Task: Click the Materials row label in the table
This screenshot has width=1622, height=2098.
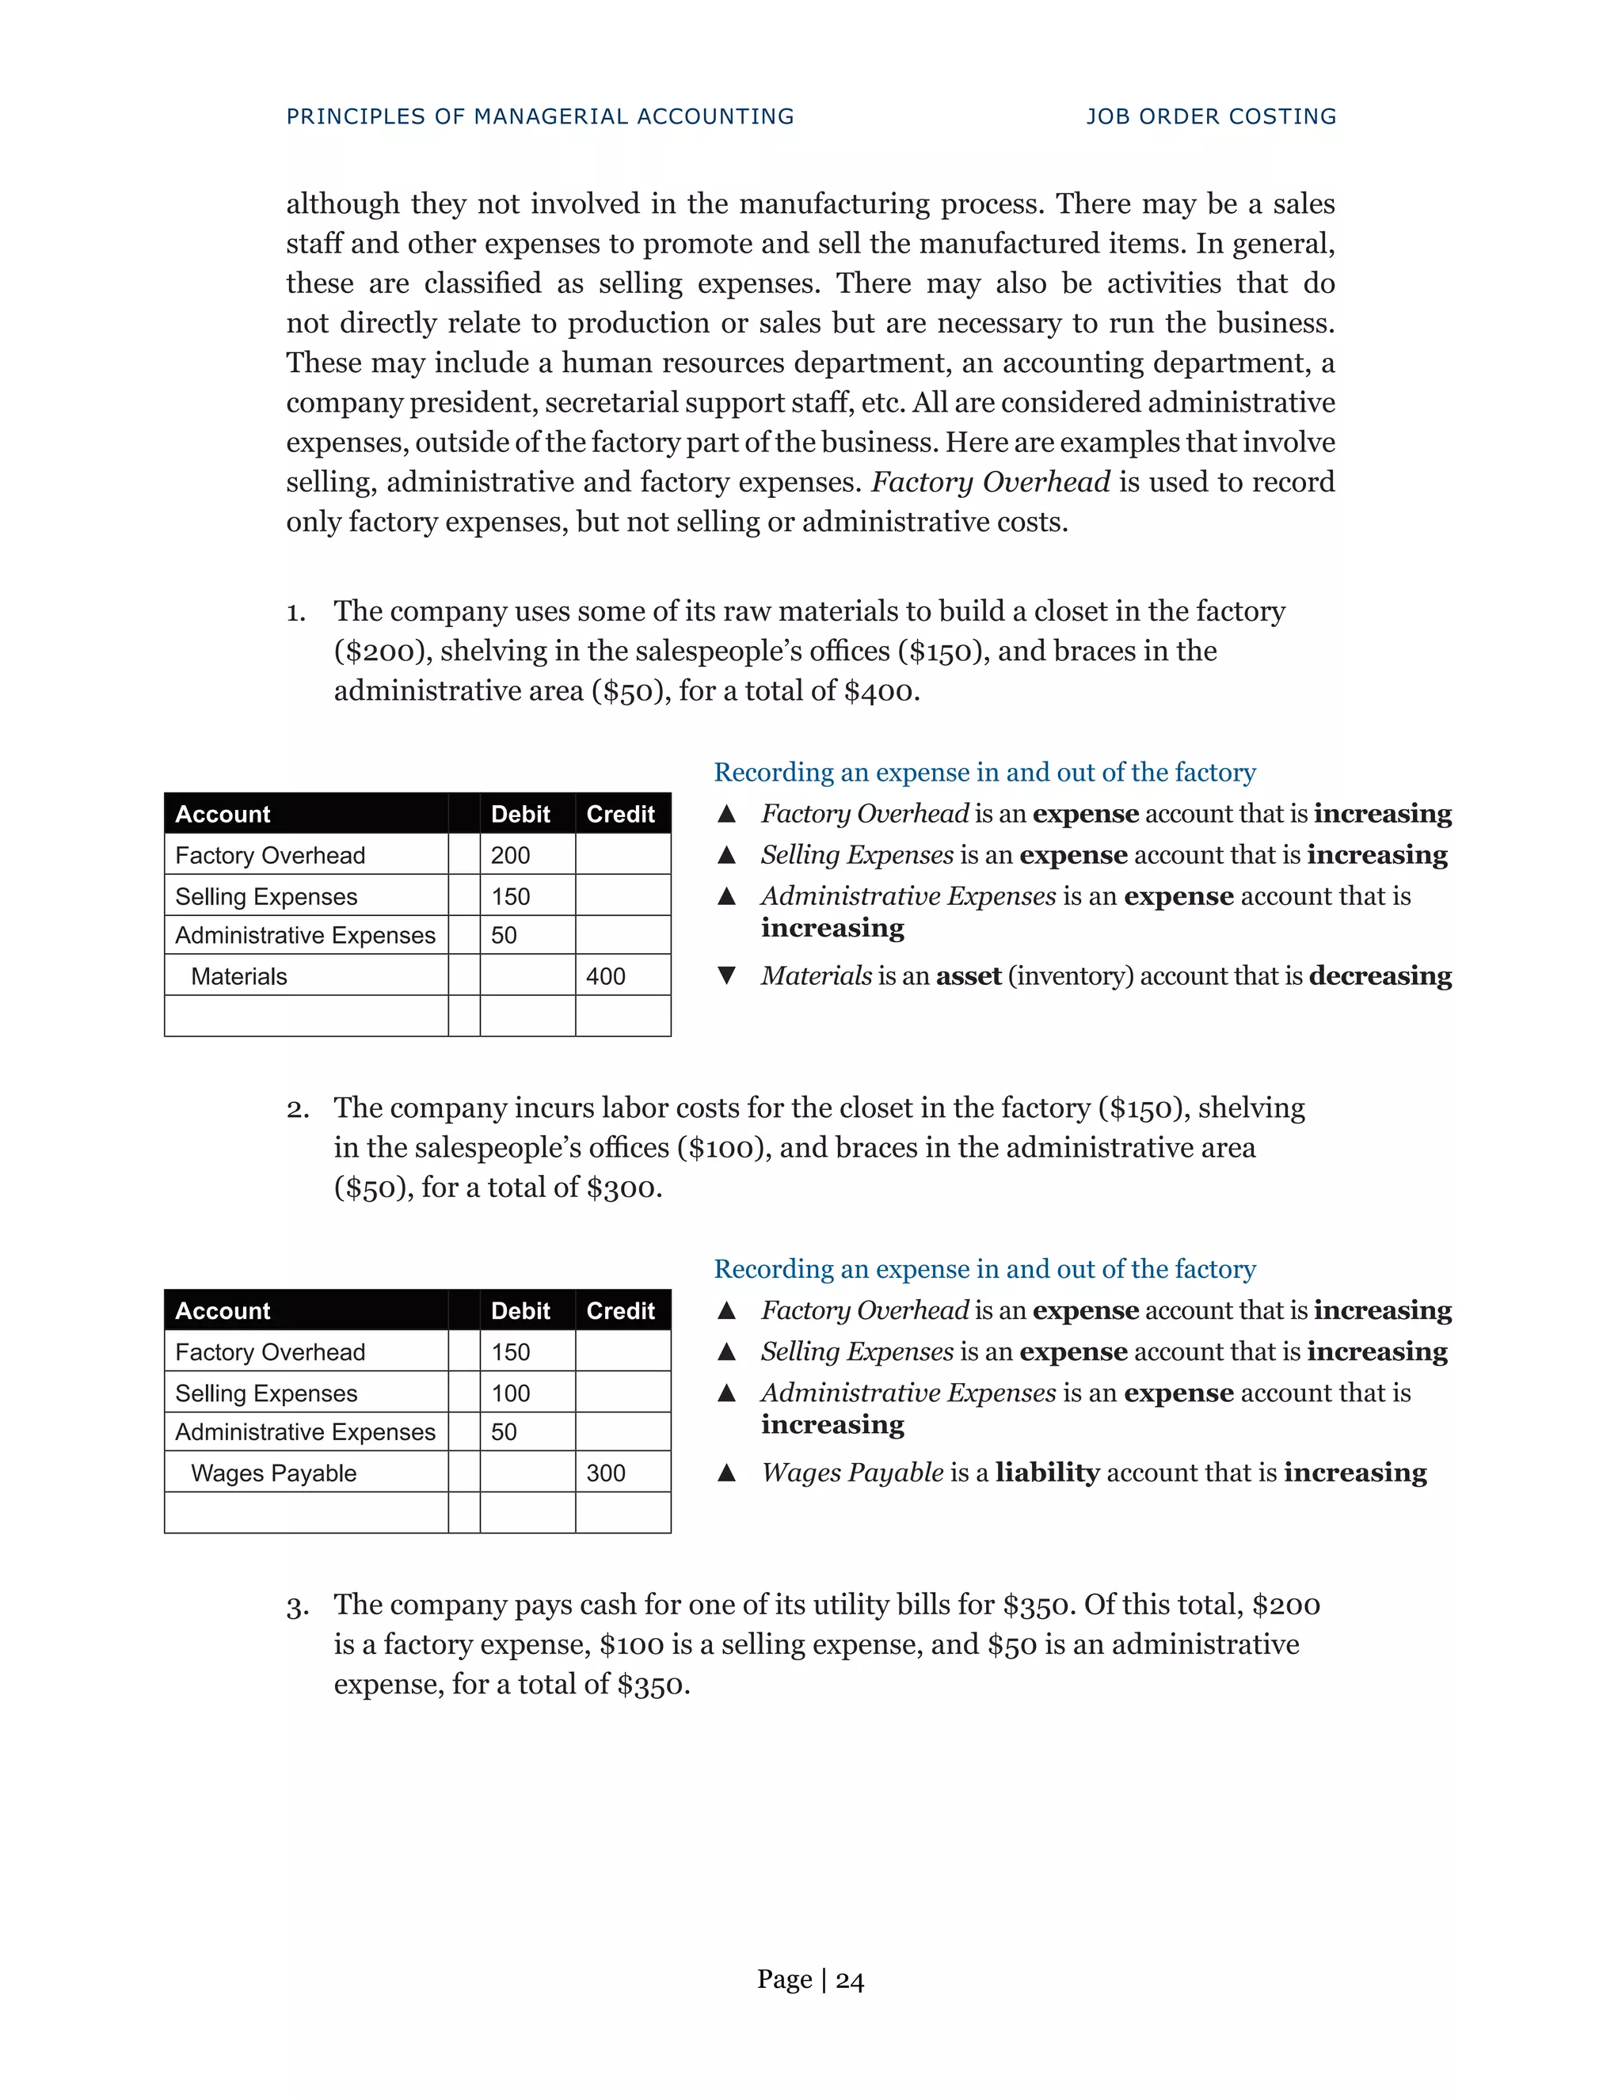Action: click(x=239, y=976)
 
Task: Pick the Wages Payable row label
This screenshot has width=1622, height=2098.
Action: click(x=274, y=1473)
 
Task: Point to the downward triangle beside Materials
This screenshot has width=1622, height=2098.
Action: click(x=726, y=976)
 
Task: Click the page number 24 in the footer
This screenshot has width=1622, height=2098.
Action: click(x=850, y=1980)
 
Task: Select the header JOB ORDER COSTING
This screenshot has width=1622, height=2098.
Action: click(x=1211, y=116)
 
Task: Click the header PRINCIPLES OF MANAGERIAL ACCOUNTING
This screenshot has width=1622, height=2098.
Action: click(x=540, y=116)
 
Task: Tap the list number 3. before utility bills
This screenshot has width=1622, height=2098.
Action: click(x=297, y=1606)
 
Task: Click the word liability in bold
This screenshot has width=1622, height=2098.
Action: click(x=1047, y=1472)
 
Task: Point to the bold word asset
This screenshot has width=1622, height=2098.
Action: click(x=969, y=976)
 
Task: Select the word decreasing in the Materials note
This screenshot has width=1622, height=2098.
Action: click(x=1380, y=976)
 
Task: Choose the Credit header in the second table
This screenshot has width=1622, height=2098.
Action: click(x=621, y=1310)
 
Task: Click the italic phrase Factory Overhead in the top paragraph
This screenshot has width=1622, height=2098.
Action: click(x=990, y=481)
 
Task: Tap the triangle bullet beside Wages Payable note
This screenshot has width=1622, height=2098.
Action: click(x=726, y=1472)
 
